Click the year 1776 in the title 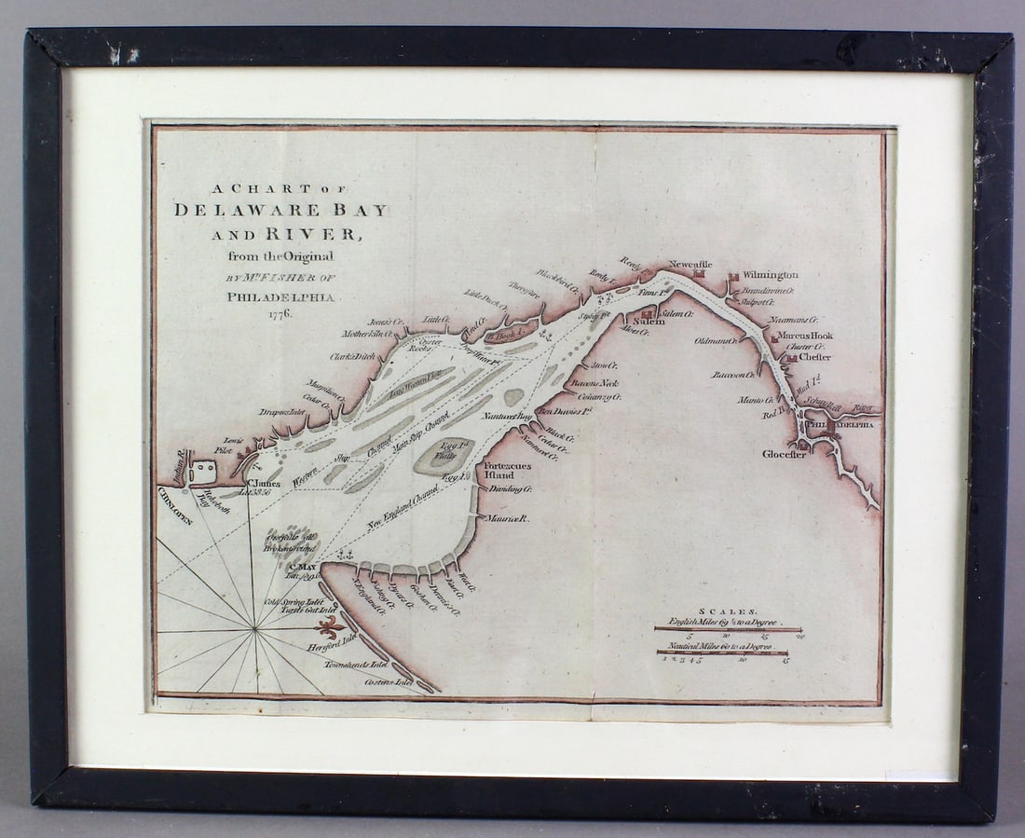tap(277, 314)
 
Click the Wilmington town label tap(770, 276)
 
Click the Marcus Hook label tap(806, 336)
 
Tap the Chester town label tap(814, 356)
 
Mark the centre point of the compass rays tap(254, 631)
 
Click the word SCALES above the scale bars tap(728, 607)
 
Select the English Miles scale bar tap(729, 630)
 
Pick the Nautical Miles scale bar tap(722, 653)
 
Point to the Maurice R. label tap(509, 518)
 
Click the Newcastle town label tap(690, 265)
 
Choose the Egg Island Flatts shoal tap(434, 456)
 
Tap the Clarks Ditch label tap(351, 356)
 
